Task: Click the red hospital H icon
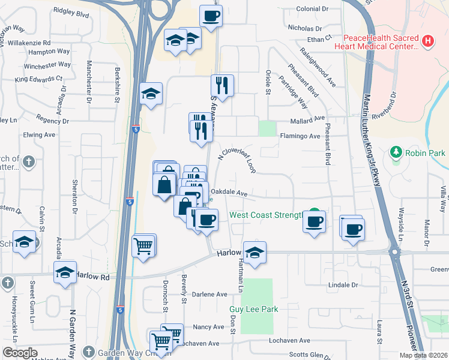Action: (427, 41)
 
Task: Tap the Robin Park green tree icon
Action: (396, 152)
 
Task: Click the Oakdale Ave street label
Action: (229, 193)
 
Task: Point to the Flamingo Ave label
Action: (300, 136)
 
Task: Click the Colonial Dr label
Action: (313, 9)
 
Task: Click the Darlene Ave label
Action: (209, 295)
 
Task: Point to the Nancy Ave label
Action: (208, 327)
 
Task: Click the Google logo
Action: (20, 353)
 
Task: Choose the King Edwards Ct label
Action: (39, 79)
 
